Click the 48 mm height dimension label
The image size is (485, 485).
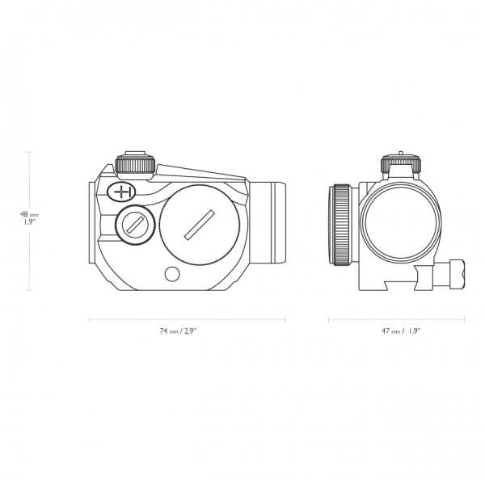pos(29,214)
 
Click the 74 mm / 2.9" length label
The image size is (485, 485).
pos(178,331)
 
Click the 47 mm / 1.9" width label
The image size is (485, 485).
pos(401,331)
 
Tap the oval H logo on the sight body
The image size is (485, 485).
pos(121,192)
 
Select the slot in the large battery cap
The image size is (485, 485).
pos(200,225)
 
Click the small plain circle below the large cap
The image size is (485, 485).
pos(172,274)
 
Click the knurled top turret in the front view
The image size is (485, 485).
pos(401,165)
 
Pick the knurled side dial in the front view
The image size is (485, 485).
pos(342,225)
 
